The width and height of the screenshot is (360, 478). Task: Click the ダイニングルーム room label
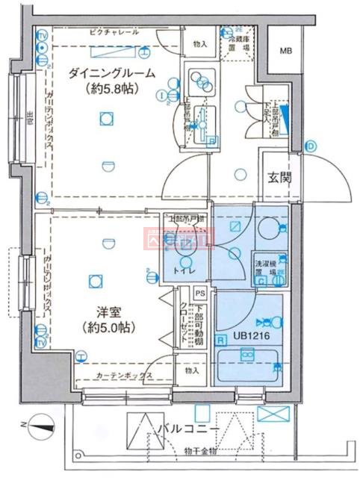tap(112, 73)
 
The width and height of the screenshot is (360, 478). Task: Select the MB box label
tap(287, 51)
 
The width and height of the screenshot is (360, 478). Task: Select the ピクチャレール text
tap(114, 34)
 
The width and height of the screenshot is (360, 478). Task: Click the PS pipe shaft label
tap(199, 294)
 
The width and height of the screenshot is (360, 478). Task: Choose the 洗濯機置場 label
tap(267, 268)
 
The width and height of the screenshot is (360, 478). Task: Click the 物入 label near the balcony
tap(192, 371)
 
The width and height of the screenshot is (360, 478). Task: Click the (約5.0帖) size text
tap(110, 327)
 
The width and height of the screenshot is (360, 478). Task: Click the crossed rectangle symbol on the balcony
tap(270, 413)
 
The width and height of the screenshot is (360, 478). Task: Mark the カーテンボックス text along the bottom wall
tap(125, 376)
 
